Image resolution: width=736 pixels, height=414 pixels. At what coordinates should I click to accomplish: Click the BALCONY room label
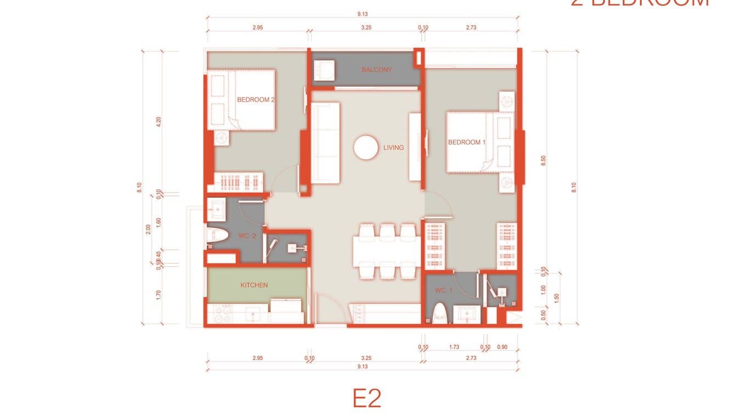coord(377,70)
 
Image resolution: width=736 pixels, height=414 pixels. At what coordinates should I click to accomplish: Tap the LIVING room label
coord(393,148)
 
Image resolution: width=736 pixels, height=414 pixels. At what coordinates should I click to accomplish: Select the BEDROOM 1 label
coord(467,142)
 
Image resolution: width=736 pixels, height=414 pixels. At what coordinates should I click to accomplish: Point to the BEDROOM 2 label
coord(256,100)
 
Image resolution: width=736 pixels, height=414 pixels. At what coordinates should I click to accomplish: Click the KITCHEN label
coord(254,285)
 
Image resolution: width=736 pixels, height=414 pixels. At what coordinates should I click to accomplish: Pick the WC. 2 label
coord(247,236)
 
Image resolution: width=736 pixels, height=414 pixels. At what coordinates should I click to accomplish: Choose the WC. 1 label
coord(444,290)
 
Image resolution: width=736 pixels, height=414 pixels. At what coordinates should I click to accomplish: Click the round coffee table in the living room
coord(366,148)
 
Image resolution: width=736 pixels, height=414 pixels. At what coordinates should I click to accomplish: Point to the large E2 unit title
coord(367,398)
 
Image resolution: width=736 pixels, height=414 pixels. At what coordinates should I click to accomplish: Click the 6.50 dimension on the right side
coord(543,160)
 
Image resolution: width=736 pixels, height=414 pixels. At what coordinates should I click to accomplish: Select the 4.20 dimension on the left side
coord(158,122)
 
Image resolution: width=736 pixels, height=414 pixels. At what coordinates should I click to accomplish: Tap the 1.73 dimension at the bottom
coord(454,347)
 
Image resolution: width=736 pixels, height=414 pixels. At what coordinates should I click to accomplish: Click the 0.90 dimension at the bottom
coord(502,347)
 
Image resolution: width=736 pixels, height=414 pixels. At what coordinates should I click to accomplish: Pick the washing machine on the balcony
coord(324,70)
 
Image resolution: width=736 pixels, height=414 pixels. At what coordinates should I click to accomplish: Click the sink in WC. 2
coord(216,210)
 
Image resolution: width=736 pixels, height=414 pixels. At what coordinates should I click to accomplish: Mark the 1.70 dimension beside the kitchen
coord(158,295)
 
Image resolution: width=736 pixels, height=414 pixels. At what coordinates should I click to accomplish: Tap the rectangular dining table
coord(387,251)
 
